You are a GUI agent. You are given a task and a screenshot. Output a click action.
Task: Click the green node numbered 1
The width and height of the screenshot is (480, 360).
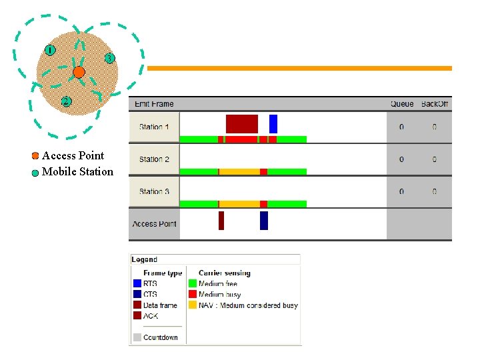(x=49, y=49)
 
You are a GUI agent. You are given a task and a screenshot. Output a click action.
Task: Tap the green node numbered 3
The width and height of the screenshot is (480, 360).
(x=109, y=58)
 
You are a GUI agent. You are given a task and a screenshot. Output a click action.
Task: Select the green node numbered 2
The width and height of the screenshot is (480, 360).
(x=65, y=102)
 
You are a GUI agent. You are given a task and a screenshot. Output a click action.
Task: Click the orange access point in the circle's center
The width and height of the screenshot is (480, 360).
(x=79, y=71)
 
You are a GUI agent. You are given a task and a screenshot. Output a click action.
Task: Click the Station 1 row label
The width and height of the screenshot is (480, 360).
(x=154, y=127)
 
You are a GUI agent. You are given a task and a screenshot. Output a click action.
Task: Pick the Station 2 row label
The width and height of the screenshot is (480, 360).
(x=154, y=159)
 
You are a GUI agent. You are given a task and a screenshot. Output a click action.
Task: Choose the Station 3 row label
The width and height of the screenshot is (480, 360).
(x=154, y=191)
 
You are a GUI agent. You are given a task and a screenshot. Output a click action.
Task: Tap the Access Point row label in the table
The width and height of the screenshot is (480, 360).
(x=154, y=224)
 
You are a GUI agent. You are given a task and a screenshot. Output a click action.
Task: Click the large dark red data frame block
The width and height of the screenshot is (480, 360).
(x=241, y=123)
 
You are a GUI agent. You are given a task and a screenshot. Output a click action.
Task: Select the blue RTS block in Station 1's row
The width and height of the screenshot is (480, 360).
(x=273, y=123)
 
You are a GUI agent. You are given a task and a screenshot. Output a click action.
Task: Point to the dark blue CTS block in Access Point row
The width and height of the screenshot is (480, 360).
(x=264, y=220)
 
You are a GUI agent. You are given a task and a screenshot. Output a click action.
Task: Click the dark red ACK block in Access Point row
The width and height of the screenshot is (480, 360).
(x=221, y=220)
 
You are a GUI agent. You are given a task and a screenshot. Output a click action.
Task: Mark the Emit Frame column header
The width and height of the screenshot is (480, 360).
(x=154, y=103)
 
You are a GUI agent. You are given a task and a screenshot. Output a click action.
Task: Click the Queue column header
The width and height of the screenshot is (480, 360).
(x=402, y=103)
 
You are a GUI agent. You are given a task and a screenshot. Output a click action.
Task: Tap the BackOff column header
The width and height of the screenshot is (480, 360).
(x=435, y=103)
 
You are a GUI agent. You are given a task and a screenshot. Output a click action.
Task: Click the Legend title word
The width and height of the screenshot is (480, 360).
(x=145, y=259)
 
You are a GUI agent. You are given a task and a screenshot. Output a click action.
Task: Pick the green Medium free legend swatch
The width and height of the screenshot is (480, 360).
(x=193, y=284)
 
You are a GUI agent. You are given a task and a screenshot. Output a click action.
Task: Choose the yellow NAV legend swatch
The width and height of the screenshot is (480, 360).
(x=193, y=305)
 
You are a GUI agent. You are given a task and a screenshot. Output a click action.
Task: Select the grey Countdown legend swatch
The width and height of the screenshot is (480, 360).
(x=137, y=337)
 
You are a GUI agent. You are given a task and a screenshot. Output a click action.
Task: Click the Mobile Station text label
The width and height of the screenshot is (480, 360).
(x=77, y=172)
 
